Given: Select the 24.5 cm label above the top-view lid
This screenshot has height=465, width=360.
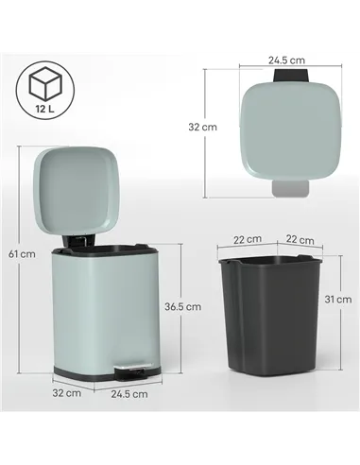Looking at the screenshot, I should point(284,60).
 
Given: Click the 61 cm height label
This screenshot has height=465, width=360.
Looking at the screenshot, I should point(23,253).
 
